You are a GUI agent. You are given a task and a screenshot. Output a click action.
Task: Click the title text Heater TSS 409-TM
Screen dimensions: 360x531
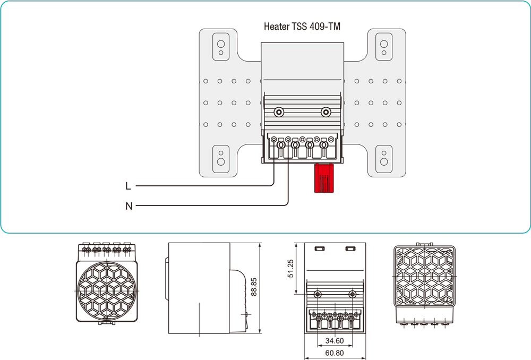[x=302, y=26]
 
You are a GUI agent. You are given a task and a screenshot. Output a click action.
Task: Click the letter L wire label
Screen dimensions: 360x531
[x=128, y=186]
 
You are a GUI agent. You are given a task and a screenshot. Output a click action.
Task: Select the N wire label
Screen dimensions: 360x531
[x=129, y=206]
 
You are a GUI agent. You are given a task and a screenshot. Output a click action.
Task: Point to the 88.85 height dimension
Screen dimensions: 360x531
[x=254, y=287]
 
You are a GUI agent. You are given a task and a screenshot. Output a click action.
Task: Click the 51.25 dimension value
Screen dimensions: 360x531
[x=290, y=269]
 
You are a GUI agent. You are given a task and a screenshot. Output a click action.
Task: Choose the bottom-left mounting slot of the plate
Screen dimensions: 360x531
[x=220, y=158]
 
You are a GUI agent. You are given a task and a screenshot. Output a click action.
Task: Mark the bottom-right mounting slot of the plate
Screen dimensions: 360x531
[x=383, y=158]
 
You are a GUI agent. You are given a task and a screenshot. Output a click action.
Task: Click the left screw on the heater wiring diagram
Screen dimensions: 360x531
[x=279, y=112]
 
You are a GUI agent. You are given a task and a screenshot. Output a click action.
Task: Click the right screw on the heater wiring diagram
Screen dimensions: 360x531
[x=326, y=112]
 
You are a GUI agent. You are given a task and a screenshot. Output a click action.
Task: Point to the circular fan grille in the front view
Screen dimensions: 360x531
[x=107, y=290]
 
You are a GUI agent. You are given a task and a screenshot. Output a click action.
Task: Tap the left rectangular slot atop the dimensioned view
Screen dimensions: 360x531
[x=319, y=248]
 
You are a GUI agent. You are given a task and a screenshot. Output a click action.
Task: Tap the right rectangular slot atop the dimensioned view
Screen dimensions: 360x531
[x=350, y=248]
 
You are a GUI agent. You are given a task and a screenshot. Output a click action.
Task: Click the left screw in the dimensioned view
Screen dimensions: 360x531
[x=318, y=294]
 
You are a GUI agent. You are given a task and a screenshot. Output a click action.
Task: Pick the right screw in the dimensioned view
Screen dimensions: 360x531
[x=352, y=294]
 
